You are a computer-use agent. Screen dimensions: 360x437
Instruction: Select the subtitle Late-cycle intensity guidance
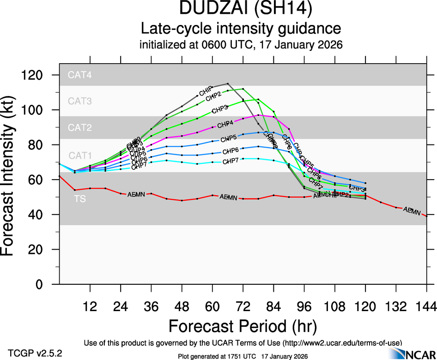[x=241, y=29]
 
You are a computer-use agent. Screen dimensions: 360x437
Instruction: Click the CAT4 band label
[x=80, y=75]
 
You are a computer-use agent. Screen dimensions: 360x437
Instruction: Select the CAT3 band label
[x=80, y=101]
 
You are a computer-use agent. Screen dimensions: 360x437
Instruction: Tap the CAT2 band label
[x=80, y=127]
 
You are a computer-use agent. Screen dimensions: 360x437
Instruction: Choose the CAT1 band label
[x=80, y=155]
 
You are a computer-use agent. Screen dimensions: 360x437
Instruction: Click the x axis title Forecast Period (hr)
[x=243, y=326]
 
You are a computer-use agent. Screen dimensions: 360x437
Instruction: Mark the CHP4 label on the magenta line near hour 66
[x=225, y=123]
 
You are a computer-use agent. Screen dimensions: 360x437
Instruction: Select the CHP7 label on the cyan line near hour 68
[x=230, y=161]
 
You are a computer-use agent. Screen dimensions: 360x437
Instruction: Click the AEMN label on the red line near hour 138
[x=412, y=211]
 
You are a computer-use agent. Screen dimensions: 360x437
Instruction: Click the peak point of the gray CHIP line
[x=228, y=84]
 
